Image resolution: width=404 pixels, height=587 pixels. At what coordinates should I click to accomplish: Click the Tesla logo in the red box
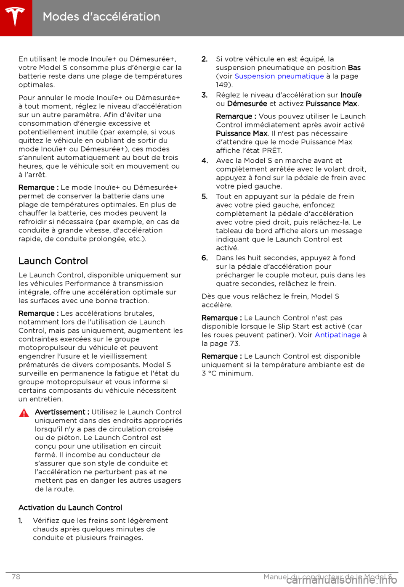[16, 17]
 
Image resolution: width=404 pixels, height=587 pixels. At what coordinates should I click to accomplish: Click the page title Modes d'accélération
[101, 17]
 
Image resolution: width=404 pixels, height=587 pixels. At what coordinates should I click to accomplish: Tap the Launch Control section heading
[53, 261]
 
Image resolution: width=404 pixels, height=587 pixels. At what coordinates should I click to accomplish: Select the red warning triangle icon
[24, 413]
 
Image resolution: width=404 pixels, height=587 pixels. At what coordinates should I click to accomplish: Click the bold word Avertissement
[60, 412]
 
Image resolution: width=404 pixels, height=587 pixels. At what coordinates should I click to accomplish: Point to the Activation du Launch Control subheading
[70, 508]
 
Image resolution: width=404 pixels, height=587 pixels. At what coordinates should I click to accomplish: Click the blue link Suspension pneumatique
[279, 76]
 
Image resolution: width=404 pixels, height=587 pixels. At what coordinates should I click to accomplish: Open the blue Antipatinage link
[338, 335]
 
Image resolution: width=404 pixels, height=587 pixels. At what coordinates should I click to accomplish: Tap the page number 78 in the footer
[16, 577]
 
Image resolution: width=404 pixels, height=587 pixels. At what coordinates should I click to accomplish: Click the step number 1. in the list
[20, 521]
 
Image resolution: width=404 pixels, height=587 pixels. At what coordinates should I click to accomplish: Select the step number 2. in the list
[205, 59]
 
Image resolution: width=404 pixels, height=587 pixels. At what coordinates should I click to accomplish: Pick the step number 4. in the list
[205, 161]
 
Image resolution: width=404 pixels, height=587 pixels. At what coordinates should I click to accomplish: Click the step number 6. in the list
[205, 258]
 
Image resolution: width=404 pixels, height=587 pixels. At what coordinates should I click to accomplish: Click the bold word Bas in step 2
[354, 68]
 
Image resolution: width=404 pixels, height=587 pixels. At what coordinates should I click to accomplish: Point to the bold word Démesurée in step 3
[247, 103]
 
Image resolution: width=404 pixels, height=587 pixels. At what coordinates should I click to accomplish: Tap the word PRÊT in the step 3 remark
[271, 151]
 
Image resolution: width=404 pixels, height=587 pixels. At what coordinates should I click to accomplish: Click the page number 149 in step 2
[222, 85]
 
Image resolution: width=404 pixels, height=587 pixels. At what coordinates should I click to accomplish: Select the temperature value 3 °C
[209, 373]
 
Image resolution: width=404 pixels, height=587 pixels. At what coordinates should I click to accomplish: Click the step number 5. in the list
[205, 196]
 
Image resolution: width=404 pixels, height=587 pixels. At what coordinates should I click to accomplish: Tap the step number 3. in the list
[205, 95]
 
